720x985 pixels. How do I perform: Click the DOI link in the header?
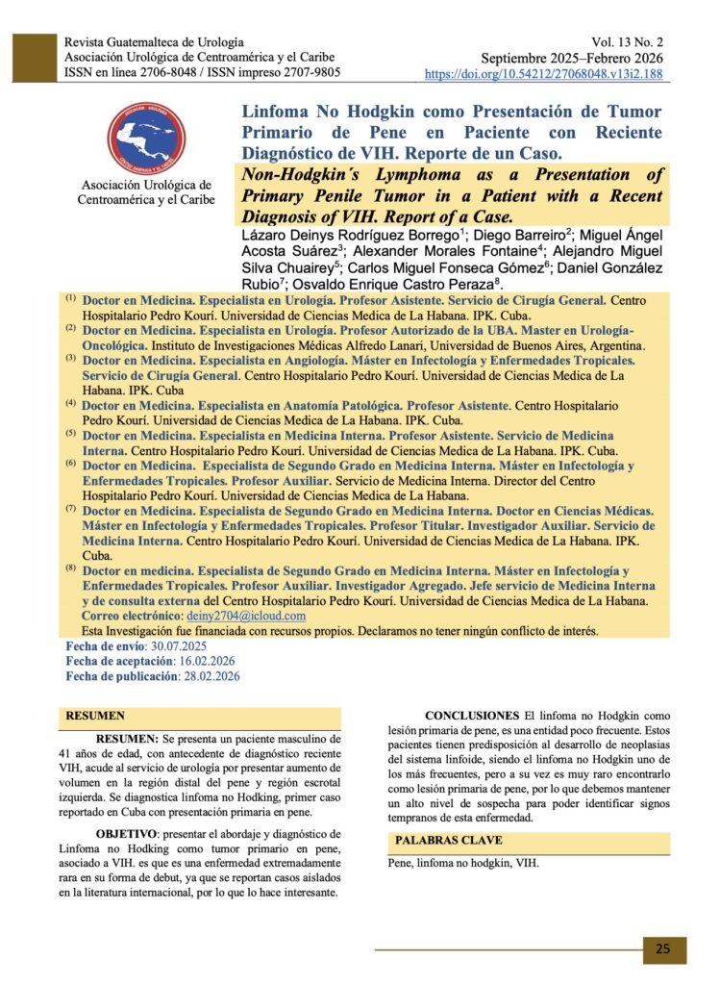click(543, 73)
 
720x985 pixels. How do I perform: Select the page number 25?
click(664, 948)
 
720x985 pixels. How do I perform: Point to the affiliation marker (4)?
click(71, 403)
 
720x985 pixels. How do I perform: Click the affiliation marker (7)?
click(71, 507)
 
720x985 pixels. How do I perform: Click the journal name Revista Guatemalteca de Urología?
click(154, 43)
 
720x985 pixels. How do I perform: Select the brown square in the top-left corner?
click(32, 58)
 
